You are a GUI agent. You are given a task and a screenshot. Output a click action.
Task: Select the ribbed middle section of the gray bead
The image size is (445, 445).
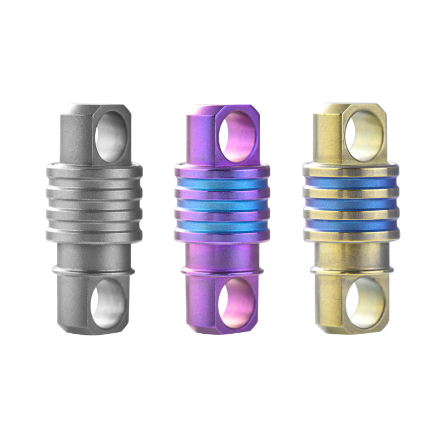93,203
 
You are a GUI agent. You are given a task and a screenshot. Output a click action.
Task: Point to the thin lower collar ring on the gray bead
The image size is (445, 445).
93,271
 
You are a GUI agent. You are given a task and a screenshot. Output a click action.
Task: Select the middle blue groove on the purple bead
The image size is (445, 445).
222,205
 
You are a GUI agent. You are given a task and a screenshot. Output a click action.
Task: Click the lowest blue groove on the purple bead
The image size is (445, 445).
222,225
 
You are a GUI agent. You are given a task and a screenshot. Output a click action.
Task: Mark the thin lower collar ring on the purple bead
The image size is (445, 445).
222,271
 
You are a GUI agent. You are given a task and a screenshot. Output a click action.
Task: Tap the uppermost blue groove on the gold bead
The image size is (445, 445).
350,183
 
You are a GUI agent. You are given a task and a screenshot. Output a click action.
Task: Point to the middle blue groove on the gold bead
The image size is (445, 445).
350,204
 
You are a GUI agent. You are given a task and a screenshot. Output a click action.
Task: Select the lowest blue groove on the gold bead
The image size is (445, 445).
350,224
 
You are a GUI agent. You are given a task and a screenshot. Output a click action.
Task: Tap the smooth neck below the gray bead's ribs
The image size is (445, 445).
93,255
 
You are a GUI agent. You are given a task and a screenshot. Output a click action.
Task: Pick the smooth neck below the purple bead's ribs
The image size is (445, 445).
222,255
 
